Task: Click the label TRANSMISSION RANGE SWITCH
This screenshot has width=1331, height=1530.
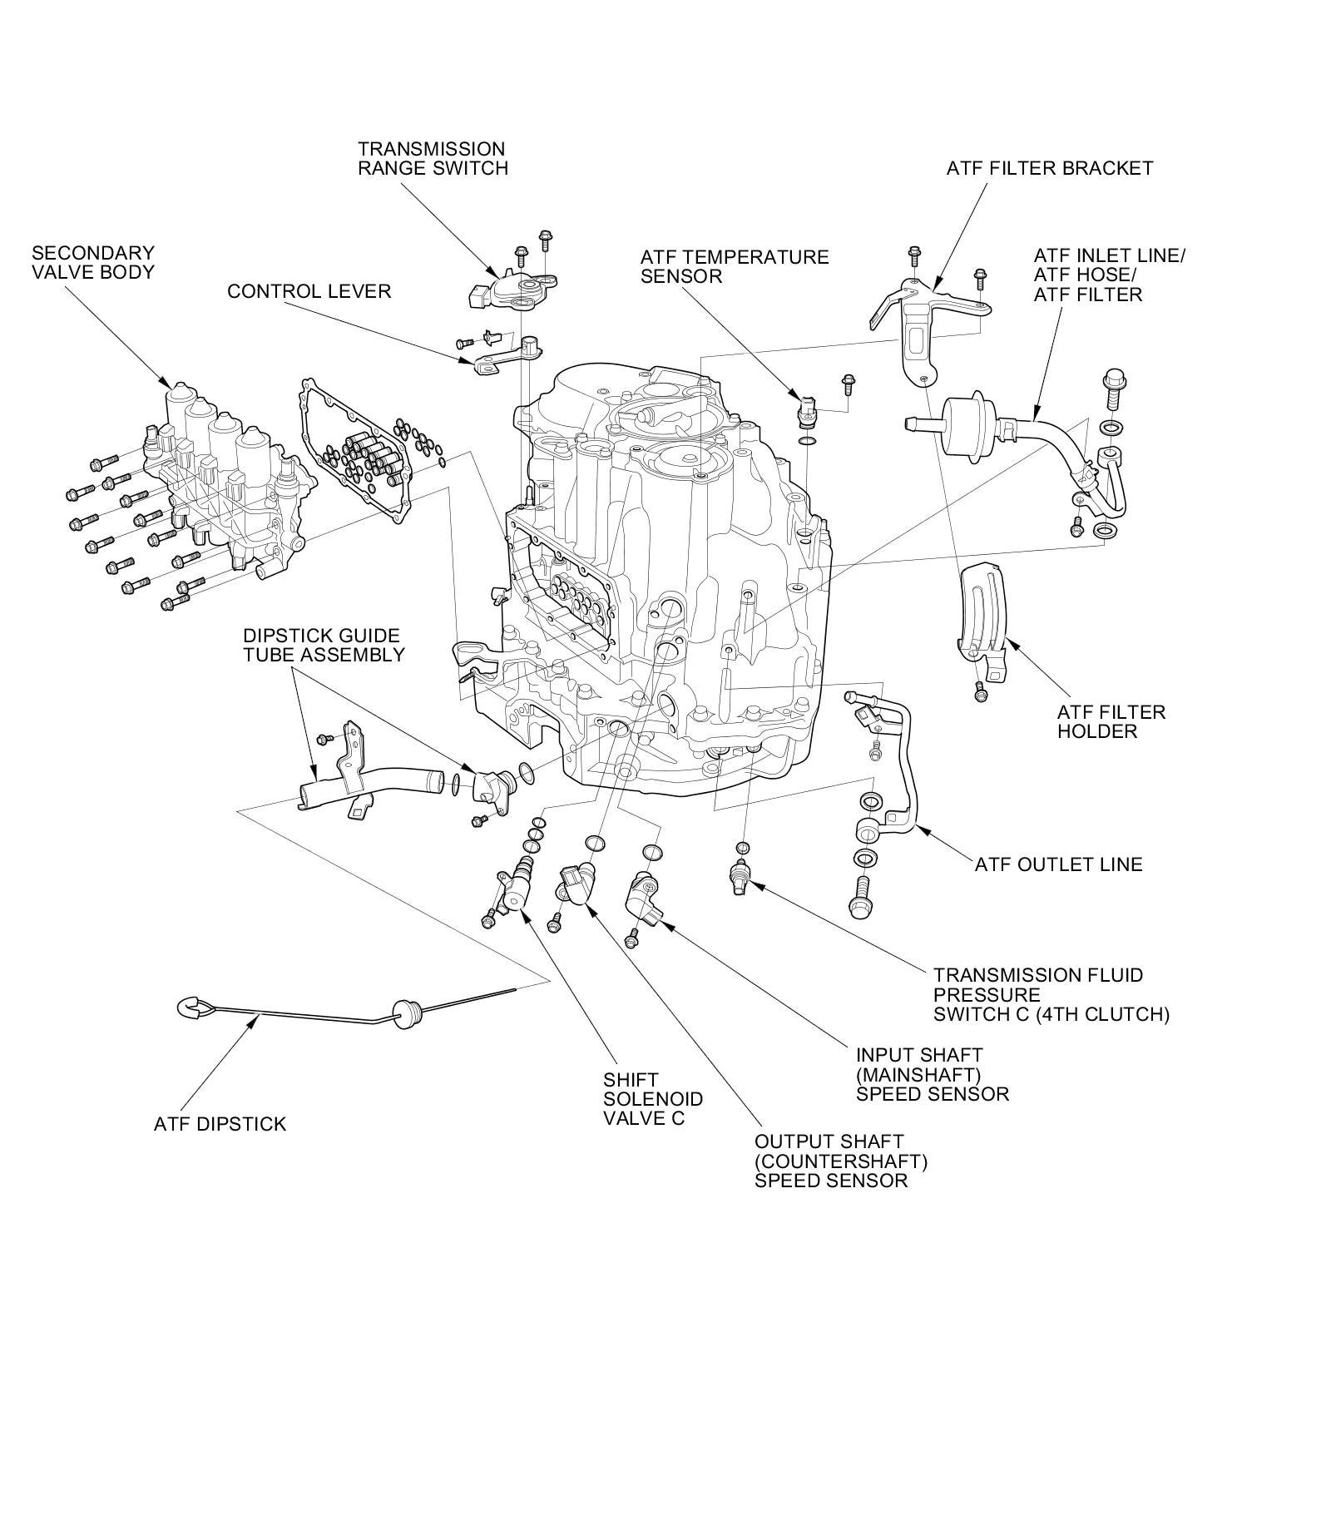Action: pyautogui.click(x=432, y=158)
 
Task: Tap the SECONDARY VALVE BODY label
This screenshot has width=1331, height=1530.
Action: pyautogui.click(x=93, y=262)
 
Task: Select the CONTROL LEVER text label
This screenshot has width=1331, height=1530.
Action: pyautogui.click(x=309, y=292)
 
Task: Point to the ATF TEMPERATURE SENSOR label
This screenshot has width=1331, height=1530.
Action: pyautogui.click(x=735, y=266)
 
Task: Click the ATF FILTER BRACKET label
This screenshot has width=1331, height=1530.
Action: pyautogui.click(x=1050, y=168)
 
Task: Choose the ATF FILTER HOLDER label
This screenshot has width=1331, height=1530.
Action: pyautogui.click(x=1111, y=721)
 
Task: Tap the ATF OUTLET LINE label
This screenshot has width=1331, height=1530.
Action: pyautogui.click(x=1059, y=864)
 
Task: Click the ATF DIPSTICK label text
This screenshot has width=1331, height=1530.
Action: pyautogui.click(x=220, y=1124)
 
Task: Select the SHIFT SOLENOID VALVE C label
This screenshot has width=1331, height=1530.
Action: pyautogui.click(x=653, y=1099)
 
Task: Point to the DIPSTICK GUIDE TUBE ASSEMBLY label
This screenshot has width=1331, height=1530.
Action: pyautogui.click(x=324, y=646)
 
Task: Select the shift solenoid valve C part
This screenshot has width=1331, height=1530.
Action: pyautogui.click(x=519, y=883)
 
